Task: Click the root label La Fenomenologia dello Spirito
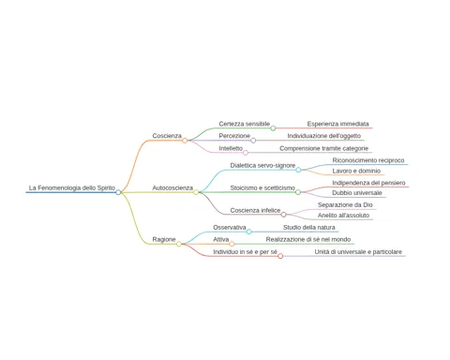[72, 187]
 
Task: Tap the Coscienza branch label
[167, 136]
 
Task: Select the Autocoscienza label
[172, 187]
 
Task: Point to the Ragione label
[164, 239]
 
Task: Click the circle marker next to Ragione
[179, 244]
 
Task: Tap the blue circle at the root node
[118, 192]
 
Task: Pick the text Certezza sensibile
[245, 124]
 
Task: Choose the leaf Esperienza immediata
[337, 124]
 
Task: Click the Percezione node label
[234, 136]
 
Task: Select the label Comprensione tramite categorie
[324, 148]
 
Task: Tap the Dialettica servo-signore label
[262, 165]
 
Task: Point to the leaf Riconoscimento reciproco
[368, 160]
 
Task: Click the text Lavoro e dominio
[356, 171]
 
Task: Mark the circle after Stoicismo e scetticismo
[298, 192]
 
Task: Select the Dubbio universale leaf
[357, 193]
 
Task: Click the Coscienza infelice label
[255, 210]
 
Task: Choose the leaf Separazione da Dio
[345, 205]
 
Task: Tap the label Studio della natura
[309, 228]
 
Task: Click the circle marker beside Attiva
[232, 244]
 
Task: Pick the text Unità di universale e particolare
[358, 252]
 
